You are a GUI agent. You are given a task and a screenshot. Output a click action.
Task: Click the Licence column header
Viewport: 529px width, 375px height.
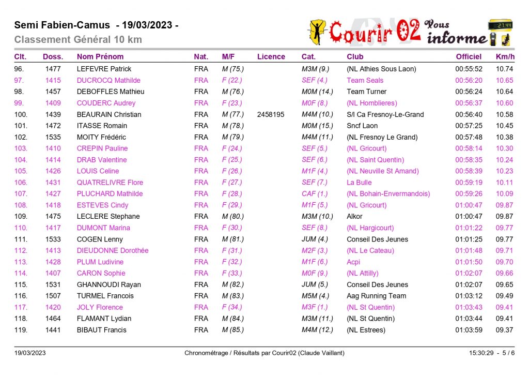click(x=271, y=56)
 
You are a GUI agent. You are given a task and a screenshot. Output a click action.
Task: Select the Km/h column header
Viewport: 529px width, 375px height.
click(x=505, y=56)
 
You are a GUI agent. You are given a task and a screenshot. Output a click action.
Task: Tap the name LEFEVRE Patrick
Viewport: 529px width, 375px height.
click(x=104, y=69)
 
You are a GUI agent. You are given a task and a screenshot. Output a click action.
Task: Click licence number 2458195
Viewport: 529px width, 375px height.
click(x=271, y=114)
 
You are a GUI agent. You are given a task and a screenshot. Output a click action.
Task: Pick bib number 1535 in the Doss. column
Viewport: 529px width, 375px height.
click(x=53, y=137)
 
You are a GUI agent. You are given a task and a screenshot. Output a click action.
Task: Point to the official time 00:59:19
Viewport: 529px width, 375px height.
click(x=469, y=183)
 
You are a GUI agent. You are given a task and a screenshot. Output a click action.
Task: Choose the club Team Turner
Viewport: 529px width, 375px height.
click(x=366, y=92)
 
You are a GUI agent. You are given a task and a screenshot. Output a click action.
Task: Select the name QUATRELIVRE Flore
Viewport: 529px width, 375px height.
click(x=110, y=183)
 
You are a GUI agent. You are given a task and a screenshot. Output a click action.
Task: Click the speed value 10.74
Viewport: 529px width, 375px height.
click(x=504, y=69)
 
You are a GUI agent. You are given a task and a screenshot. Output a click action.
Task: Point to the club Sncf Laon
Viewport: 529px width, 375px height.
click(x=362, y=126)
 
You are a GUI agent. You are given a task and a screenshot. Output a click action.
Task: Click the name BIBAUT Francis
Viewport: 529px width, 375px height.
click(x=101, y=330)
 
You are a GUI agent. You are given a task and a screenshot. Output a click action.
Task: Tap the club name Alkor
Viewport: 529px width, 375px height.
click(x=354, y=216)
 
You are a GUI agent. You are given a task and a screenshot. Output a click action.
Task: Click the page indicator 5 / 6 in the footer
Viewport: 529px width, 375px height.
click(x=505, y=353)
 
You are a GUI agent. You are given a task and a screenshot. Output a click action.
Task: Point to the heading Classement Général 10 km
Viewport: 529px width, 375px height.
click(x=78, y=40)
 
